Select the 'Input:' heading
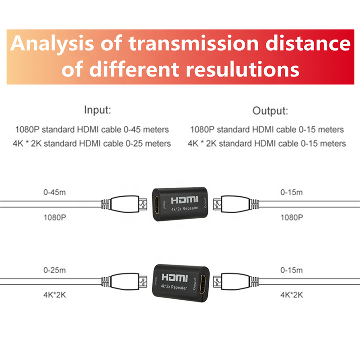point(97,110)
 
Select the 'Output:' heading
point(270,111)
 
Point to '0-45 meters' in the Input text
point(149,130)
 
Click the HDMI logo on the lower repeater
point(177,277)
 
